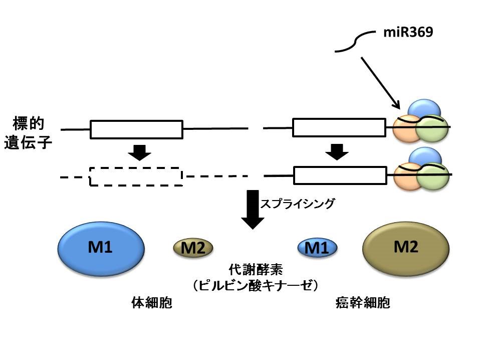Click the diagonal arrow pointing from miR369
pyautogui.click(x=379, y=83)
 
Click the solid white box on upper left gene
pyautogui.click(x=136, y=129)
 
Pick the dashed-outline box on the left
pyautogui.click(x=136, y=176)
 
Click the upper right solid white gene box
pyautogui.click(x=339, y=127)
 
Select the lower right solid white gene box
pyautogui.click(x=340, y=175)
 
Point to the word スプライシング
pyautogui.click(x=297, y=204)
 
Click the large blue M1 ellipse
pyautogui.click(x=102, y=248)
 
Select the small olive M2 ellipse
pyautogui.click(x=193, y=247)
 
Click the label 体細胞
pyautogui.click(x=151, y=304)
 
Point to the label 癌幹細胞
pyautogui.click(x=363, y=304)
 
